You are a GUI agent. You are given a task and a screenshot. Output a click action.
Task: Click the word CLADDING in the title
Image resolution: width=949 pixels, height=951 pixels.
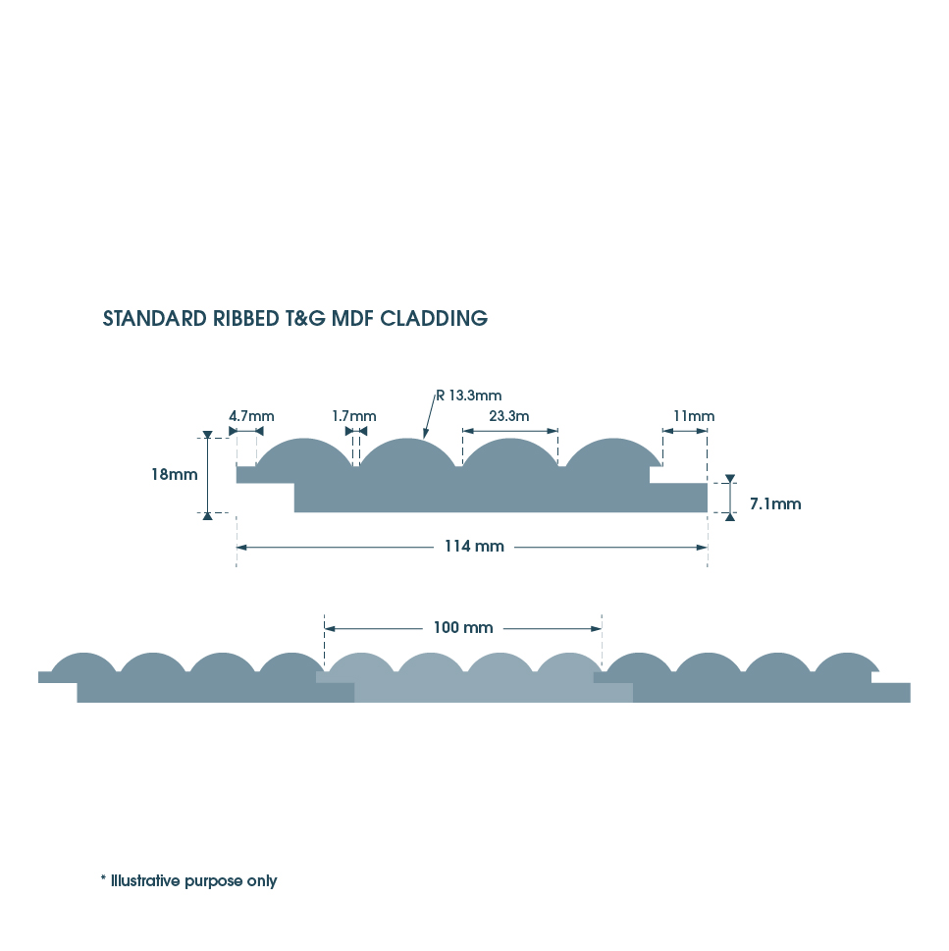(x=434, y=319)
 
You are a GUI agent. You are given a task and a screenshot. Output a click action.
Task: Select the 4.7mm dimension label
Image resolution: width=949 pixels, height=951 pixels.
(x=251, y=416)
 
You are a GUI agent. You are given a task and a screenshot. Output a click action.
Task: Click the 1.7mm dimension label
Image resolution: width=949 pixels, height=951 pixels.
(x=353, y=416)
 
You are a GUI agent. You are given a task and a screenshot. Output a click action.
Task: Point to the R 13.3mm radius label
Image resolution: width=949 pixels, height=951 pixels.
(x=470, y=396)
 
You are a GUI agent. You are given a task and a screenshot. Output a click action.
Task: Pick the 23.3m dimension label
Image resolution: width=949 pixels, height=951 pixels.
(x=509, y=416)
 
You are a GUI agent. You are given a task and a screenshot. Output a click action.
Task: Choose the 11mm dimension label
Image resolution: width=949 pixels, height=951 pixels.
(x=693, y=416)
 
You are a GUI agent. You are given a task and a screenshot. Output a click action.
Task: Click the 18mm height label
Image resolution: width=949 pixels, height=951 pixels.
(x=175, y=474)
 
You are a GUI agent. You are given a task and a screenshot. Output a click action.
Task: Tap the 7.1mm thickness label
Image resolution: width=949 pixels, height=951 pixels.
(x=775, y=504)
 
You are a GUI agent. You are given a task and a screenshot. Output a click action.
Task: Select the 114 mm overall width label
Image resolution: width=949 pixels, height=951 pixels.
(x=475, y=547)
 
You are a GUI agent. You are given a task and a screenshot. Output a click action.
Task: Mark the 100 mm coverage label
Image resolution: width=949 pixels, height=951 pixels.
(x=463, y=627)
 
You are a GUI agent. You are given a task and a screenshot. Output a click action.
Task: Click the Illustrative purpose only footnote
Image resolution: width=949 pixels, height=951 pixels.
(x=193, y=881)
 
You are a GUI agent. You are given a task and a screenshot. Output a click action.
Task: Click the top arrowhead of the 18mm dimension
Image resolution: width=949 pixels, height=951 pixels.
(x=207, y=436)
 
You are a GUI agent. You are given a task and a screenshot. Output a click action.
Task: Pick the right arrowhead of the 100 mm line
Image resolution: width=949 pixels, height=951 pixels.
(x=596, y=627)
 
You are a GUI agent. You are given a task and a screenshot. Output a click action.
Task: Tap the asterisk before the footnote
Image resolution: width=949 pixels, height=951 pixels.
(x=103, y=879)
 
